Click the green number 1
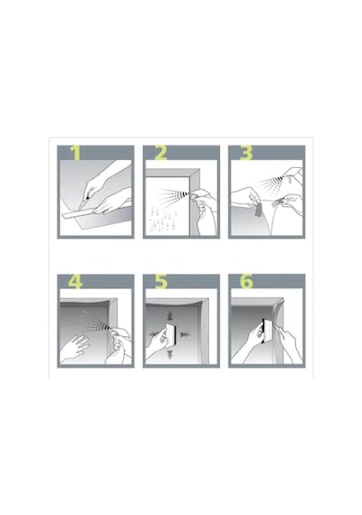click(76, 153)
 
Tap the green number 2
click(160, 153)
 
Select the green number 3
click(246, 153)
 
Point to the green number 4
click(75, 282)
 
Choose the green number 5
click(161, 282)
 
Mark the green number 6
click(246, 282)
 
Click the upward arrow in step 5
click(170, 315)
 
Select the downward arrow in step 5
click(170, 354)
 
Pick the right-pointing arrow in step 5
click(186, 334)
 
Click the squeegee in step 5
click(171, 334)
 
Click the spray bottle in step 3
click(292, 179)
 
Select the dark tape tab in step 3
click(258, 210)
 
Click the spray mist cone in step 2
click(174, 194)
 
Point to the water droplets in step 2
click(162, 219)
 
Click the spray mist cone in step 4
click(95, 323)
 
